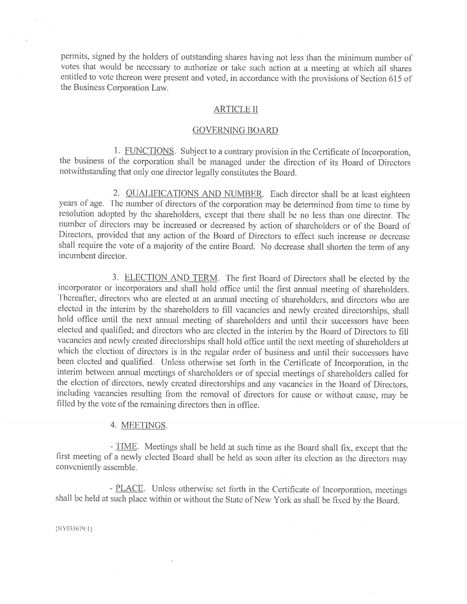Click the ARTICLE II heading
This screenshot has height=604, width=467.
tap(235, 110)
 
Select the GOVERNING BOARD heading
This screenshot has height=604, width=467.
tap(235, 130)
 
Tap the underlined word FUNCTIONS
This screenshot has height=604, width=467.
tap(149, 151)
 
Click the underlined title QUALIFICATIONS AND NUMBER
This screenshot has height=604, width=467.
tap(194, 194)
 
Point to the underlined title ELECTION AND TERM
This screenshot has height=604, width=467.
tap(171, 277)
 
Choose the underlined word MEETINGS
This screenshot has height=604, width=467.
tap(144, 425)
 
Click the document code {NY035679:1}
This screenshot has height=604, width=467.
tap(74, 529)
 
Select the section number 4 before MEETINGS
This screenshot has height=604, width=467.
tap(113, 425)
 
